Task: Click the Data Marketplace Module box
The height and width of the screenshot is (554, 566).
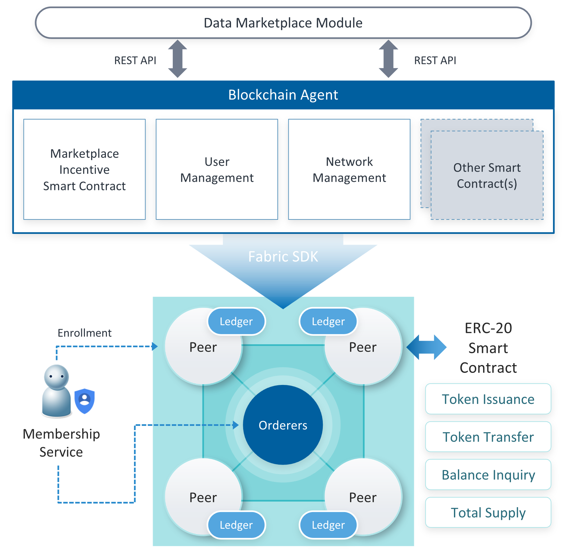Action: [x=283, y=23]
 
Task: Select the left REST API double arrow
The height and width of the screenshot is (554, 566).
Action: [x=177, y=59]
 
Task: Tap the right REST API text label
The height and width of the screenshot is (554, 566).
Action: [x=435, y=60]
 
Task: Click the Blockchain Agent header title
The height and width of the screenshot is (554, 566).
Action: [x=283, y=95]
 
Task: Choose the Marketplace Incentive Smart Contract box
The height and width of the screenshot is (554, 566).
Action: [x=84, y=169]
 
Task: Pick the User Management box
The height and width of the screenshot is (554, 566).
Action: [x=217, y=169]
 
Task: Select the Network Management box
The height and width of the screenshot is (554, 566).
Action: [x=349, y=169]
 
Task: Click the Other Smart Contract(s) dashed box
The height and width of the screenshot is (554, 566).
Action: [x=487, y=176]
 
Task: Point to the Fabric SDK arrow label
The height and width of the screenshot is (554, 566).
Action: [x=283, y=257]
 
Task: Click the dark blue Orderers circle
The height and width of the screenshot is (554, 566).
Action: [x=283, y=425]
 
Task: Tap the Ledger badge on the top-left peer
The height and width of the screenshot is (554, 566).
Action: [x=236, y=321]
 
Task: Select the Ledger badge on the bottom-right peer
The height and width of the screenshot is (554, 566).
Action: [x=328, y=525]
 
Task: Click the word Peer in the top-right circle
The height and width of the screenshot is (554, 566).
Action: [x=363, y=347]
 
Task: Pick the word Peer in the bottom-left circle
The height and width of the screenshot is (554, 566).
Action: [x=203, y=498]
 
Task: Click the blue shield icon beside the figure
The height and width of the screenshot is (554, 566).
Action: [x=85, y=400]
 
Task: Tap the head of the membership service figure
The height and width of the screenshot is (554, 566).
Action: [x=56, y=377]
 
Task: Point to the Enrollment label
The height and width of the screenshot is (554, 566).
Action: [x=85, y=333]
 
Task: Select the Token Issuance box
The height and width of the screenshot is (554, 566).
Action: [x=488, y=399]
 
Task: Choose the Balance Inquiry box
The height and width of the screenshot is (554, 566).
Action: [x=488, y=475]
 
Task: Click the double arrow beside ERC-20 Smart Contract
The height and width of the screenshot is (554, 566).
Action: [x=426, y=347]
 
